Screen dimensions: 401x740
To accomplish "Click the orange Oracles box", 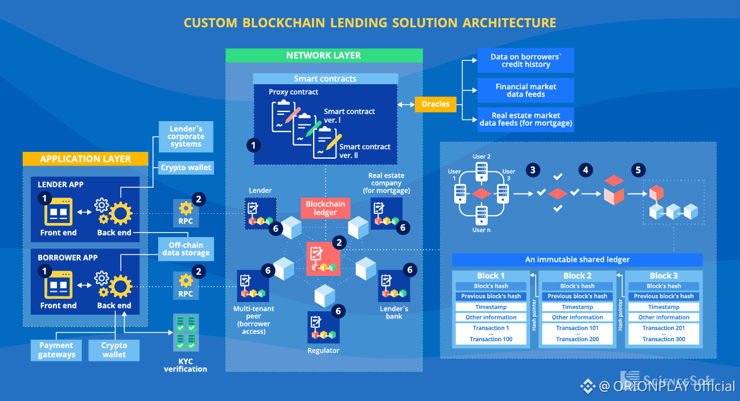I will [435, 104].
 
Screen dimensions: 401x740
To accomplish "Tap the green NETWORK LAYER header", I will [323, 55].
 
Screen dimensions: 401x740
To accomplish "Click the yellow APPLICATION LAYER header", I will [85, 159].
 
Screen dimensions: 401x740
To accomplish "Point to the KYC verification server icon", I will [186, 332].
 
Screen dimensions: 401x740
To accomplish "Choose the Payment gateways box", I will [56, 350].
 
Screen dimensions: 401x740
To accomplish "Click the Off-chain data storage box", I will [186, 249].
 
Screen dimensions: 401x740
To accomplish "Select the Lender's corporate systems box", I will [186, 137].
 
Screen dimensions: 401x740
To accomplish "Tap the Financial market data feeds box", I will [525, 90].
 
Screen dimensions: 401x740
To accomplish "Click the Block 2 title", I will [577, 276].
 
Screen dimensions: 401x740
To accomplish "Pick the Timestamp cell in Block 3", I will [664, 307].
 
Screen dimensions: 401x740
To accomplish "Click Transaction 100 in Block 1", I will [491, 339].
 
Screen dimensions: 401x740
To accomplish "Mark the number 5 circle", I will [638, 170].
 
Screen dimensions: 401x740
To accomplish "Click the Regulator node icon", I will [323, 327].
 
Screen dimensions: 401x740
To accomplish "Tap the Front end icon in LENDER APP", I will [58, 212].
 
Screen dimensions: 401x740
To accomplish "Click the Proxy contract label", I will [293, 92].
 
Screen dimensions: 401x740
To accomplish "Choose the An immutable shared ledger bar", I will [577, 260].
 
